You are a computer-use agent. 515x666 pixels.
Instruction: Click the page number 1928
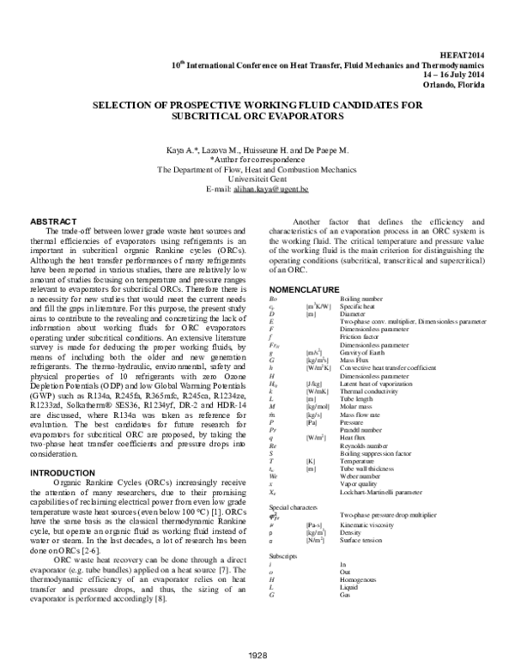[258, 655]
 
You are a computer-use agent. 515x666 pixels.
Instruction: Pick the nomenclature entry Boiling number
[365, 298]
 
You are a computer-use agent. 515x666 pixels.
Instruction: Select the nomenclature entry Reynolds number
[367, 447]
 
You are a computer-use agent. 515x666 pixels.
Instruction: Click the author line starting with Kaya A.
[257, 150]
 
